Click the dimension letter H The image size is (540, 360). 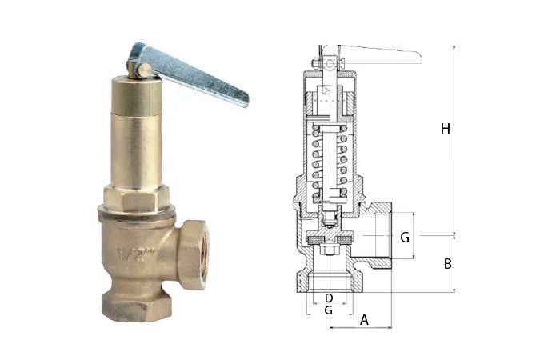pyautogui.click(x=446, y=129)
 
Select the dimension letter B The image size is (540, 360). pyautogui.click(x=447, y=264)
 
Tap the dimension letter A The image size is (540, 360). pyautogui.click(x=364, y=320)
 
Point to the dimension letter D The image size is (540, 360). pyautogui.click(x=329, y=298)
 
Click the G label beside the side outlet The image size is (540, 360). pyautogui.click(x=405, y=238)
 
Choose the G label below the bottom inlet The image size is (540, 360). pyautogui.click(x=329, y=310)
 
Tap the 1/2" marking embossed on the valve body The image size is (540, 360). pyautogui.click(x=135, y=254)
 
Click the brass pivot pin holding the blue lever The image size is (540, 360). pyautogui.click(x=142, y=70)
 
